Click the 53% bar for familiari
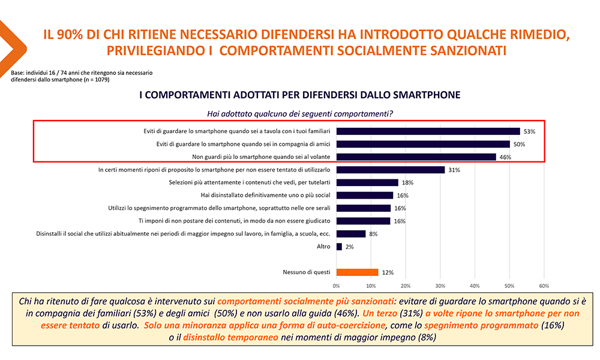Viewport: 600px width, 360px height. pyautogui.click(x=428, y=131)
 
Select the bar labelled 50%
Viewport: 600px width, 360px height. pyautogui.click(x=423, y=144)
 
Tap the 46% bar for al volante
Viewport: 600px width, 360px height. pyautogui.click(x=416, y=157)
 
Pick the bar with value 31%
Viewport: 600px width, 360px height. pyautogui.click(x=390, y=170)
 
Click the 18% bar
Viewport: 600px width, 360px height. pyautogui.click(x=367, y=182)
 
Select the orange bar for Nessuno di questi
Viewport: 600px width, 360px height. pyautogui.click(x=357, y=272)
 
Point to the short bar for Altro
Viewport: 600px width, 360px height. pyautogui.click(x=339, y=247)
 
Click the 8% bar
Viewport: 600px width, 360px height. pyautogui.click(x=350, y=234)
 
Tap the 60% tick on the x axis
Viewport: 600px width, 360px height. pyautogui.click(x=544, y=285)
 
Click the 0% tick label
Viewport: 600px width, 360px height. pyautogui.click(x=336, y=285)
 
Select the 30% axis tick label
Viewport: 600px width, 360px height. pyautogui.click(x=440, y=285)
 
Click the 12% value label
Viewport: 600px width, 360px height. pyautogui.click(x=388, y=272)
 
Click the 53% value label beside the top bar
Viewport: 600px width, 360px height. pyautogui.click(x=530, y=131)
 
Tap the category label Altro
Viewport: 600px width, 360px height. pyautogui.click(x=323, y=247)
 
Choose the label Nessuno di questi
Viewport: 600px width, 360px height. pyautogui.click(x=306, y=272)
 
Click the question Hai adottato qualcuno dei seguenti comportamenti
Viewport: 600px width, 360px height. pyautogui.click(x=299, y=113)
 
